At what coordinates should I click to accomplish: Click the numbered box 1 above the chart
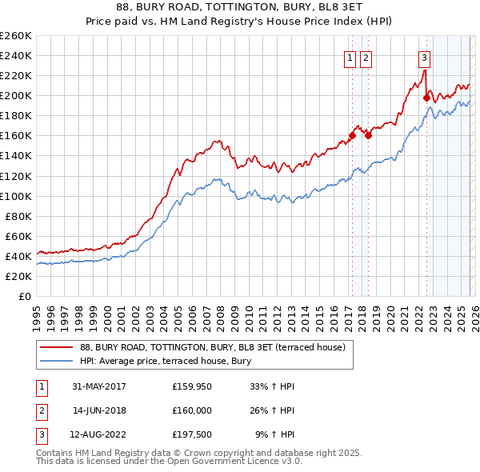click(x=350, y=57)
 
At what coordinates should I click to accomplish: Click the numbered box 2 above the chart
click(x=366, y=57)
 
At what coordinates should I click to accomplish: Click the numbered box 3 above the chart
click(x=424, y=57)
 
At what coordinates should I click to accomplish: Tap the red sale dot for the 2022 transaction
click(x=426, y=98)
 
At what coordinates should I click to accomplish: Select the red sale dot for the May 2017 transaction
click(x=352, y=136)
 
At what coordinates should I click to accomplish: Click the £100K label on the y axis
click(x=16, y=196)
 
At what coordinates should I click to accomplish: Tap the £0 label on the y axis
click(x=26, y=296)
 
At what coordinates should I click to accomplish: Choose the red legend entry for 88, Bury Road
click(x=212, y=347)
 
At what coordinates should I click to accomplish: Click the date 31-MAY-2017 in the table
click(x=99, y=386)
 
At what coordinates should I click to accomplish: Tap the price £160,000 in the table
click(x=191, y=410)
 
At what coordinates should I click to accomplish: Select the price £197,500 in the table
click(x=191, y=435)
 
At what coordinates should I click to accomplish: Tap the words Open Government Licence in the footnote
click(x=219, y=462)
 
